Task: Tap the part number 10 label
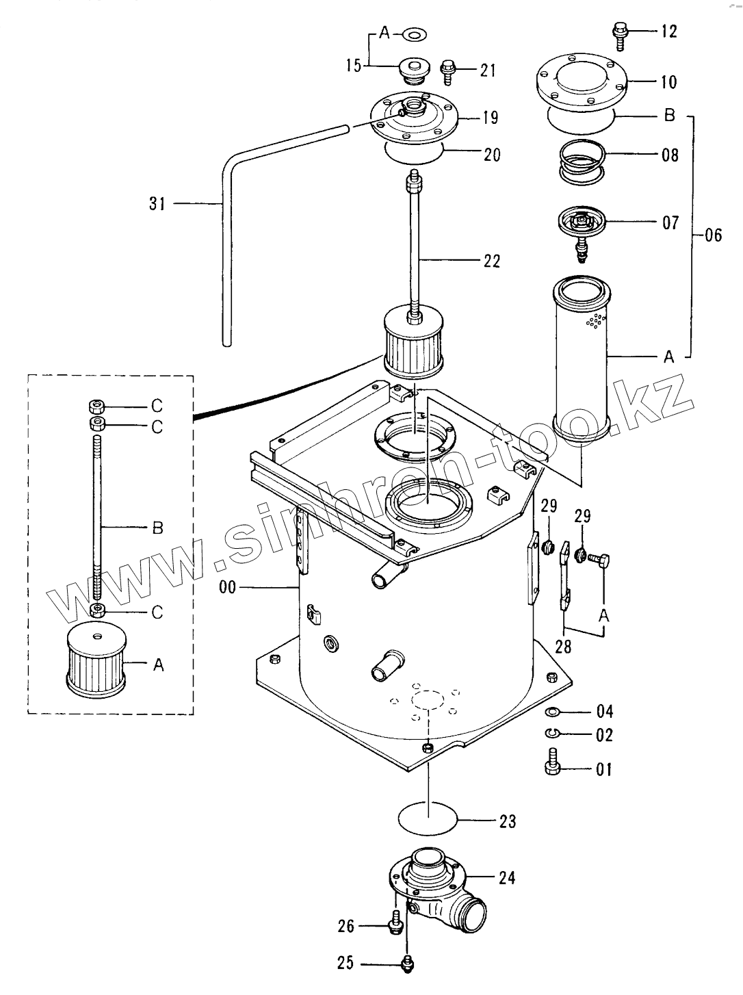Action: (668, 82)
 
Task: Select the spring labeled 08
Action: (582, 161)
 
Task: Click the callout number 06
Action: (713, 235)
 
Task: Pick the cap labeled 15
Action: (414, 71)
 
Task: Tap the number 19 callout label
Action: (490, 118)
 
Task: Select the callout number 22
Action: (491, 261)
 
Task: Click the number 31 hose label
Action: (157, 204)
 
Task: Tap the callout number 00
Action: (227, 588)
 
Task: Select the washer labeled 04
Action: (552, 712)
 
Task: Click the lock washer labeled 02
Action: (551, 733)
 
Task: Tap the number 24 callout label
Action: (507, 878)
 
